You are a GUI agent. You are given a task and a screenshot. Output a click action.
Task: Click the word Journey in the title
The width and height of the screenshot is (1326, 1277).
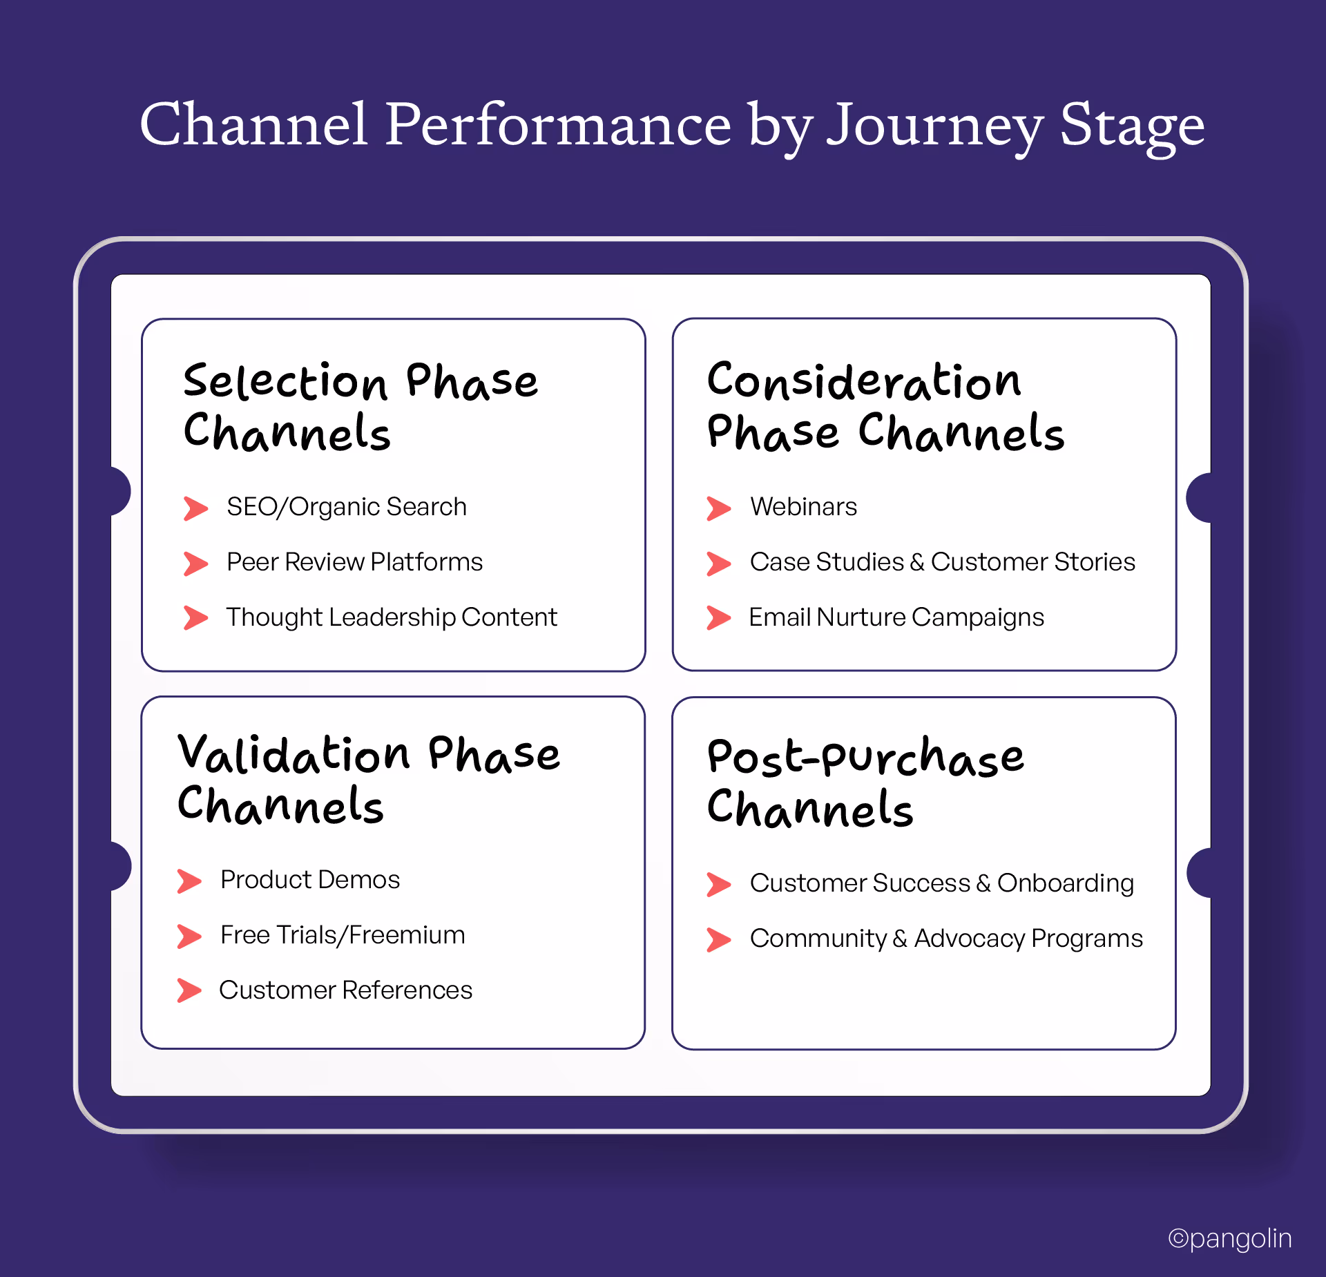point(934,126)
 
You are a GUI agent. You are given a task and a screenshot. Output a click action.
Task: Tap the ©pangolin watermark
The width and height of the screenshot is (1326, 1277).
point(1229,1238)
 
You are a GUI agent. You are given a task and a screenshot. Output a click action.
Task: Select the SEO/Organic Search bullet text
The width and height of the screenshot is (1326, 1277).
point(347,507)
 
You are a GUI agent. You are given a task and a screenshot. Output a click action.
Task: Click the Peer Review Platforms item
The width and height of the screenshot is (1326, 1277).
point(354,562)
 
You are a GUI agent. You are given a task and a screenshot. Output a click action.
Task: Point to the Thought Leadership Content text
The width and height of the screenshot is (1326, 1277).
point(392,617)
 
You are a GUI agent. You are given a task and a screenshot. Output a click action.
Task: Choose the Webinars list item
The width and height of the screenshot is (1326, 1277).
point(803,507)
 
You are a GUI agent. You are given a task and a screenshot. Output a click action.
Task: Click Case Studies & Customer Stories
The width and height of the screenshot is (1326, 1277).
point(942,562)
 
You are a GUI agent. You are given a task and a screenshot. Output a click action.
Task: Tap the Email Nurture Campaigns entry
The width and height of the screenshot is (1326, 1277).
point(896,617)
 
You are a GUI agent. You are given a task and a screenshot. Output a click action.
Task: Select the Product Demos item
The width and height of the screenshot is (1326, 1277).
point(310,880)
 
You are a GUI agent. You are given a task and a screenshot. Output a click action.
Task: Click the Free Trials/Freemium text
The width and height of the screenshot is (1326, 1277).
point(343,935)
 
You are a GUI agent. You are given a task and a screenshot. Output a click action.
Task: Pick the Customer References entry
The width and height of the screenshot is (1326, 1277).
point(345,990)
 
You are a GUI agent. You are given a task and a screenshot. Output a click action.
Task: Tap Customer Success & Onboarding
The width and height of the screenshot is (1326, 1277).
point(941,883)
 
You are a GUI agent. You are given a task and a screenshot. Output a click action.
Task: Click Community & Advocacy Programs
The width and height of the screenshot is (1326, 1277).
point(946,939)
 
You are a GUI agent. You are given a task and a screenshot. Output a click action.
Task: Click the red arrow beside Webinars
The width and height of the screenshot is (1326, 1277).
point(718,508)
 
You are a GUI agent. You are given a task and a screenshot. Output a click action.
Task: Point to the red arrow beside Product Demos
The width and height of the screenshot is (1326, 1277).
point(189,881)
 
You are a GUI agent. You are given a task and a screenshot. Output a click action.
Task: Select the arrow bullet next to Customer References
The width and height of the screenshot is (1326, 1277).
point(189,990)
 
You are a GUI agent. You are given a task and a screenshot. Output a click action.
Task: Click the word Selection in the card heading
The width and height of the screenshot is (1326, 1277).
point(285,382)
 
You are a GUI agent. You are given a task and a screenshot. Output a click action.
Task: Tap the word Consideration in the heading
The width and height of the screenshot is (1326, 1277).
point(863,381)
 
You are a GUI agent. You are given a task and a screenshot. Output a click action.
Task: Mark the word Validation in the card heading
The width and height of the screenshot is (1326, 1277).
point(294,754)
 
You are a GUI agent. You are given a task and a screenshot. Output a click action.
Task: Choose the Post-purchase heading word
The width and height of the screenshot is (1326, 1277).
point(865,757)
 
